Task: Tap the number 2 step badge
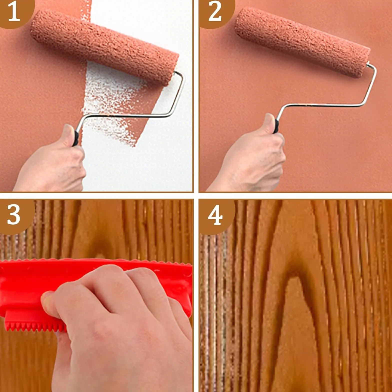(x=215, y=12)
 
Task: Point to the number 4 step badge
(x=215, y=215)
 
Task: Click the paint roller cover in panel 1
(x=104, y=47)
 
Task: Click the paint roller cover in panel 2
(x=302, y=42)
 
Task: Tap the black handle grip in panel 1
(x=75, y=138)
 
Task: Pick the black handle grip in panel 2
(x=276, y=126)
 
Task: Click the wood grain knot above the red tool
(x=100, y=247)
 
